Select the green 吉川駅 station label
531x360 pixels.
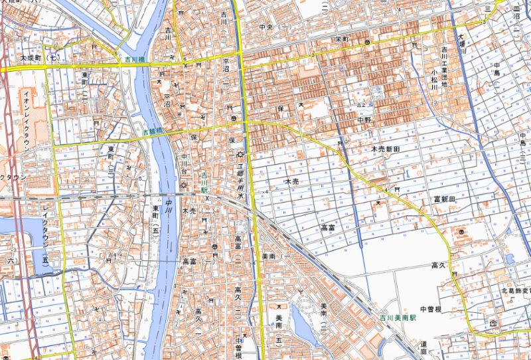(204, 181)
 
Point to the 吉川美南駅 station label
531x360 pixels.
(398, 318)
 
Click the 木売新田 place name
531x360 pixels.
(385, 151)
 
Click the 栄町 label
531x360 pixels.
(342, 40)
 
